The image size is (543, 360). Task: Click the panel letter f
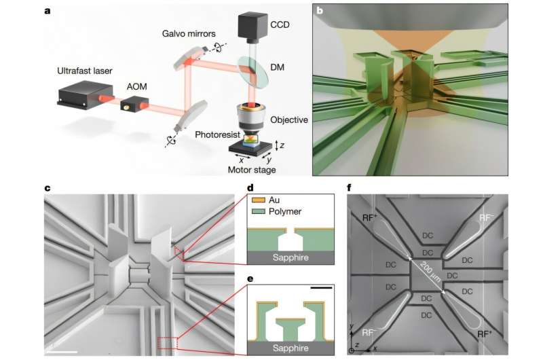tap(349, 188)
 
